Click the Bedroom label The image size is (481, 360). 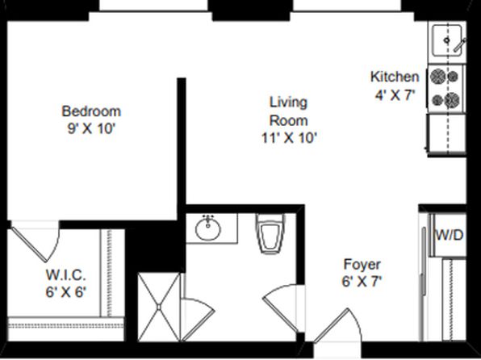coord(91,111)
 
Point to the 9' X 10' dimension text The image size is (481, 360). coord(91,128)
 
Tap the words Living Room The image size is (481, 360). coord(288,111)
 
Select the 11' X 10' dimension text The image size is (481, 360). coord(289,138)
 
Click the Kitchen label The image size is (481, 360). coord(395,77)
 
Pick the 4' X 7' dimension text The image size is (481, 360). coord(395,95)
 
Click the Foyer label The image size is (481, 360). coord(362,264)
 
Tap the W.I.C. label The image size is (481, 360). coord(65,274)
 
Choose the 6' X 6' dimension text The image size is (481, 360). coord(65,292)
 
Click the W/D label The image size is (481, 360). coord(450,235)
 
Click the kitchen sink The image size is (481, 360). coord(447,40)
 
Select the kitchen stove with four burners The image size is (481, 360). coord(446,89)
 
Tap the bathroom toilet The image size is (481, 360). coord(270,233)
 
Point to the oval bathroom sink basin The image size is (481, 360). coord(208,228)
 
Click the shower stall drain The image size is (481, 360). coord(159,307)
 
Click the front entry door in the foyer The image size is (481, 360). coord(337,325)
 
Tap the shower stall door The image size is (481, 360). coord(198,319)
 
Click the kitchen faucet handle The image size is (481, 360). coord(460,45)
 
